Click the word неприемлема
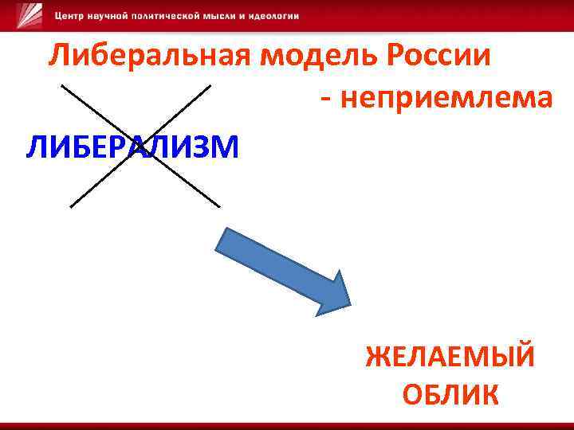446,98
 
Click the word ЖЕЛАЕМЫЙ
450,357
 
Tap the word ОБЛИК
451,394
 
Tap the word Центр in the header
70,17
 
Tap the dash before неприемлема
325,100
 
